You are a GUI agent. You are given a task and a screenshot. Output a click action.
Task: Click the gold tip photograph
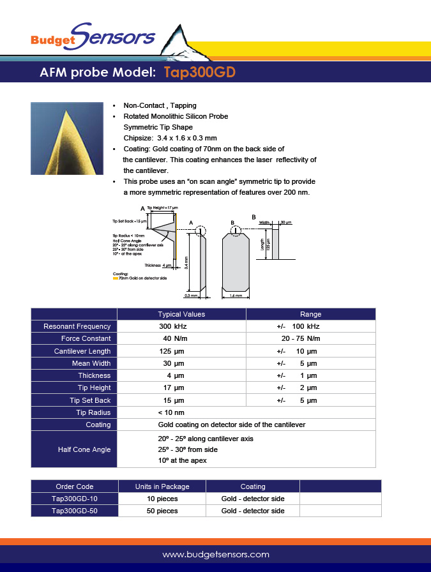coord(67,138)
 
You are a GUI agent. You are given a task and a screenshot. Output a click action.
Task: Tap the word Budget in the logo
coord(53,40)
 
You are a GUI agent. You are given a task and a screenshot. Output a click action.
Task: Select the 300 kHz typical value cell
coord(172,326)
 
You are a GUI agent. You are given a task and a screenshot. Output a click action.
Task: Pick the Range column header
coord(310,314)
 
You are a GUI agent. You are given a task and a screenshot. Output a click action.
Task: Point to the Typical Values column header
coord(181,314)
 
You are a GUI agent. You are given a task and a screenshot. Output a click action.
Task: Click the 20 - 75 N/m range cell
coord(300,338)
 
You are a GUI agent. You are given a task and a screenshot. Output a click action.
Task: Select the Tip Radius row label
coord(94,412)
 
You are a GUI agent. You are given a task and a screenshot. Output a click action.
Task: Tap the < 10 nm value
coord(171,412)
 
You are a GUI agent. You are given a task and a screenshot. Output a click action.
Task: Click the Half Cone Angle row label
coord(84,449)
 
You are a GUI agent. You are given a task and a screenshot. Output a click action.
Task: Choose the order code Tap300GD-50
coord(75,511)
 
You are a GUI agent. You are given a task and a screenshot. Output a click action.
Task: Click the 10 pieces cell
coord(162,499)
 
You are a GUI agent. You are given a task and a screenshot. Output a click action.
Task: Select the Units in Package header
coord(162,486)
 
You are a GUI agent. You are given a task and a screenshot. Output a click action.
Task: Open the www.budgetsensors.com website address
coord(216,554)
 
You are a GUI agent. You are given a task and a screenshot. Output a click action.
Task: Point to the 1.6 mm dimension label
coord(236,296)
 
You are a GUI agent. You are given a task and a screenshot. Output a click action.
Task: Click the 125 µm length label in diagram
coord(269,245)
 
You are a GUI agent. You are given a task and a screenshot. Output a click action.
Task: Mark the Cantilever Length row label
coord(82,351)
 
